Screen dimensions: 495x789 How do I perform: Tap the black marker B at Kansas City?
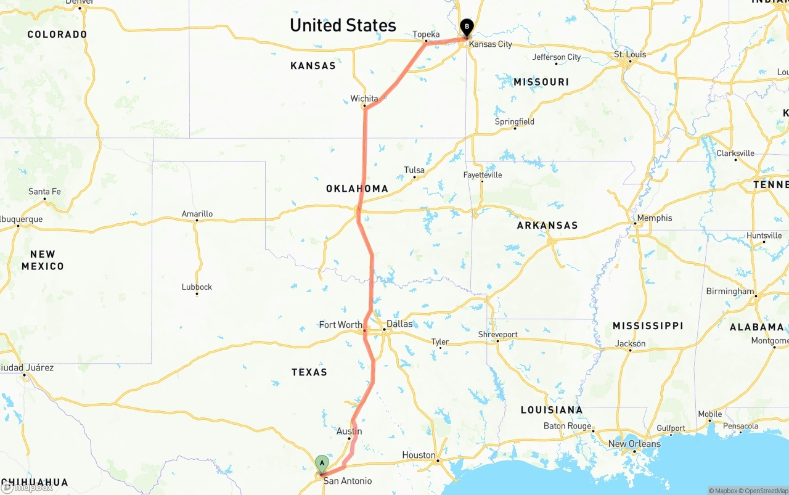pos(467,27)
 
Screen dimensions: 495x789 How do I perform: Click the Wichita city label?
pos(364,99)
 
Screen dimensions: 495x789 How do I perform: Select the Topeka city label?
pos(426,35)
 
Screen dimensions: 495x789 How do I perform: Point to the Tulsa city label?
pos(414,170)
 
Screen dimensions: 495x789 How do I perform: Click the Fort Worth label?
pos(340,325)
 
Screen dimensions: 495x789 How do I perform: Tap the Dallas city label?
pos(399,324)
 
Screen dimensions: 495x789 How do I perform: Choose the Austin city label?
pos(349,432)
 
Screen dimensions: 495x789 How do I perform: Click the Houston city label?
pos(419,456)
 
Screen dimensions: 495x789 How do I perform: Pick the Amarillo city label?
pos(197,214)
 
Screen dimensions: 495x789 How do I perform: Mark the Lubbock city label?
pos(197,287)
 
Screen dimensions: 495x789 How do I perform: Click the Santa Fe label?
pos(44,192)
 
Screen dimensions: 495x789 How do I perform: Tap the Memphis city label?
pos(655,218)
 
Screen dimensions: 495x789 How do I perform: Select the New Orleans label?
pos(634,444)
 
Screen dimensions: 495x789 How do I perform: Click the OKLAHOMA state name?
pos(358,189)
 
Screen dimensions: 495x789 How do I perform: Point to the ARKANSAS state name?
pos(547,226)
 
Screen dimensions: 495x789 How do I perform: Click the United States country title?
pos(343,25)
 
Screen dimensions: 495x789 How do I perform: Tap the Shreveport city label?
pos(498,335)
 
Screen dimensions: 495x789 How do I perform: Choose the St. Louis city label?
pos(630,54)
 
